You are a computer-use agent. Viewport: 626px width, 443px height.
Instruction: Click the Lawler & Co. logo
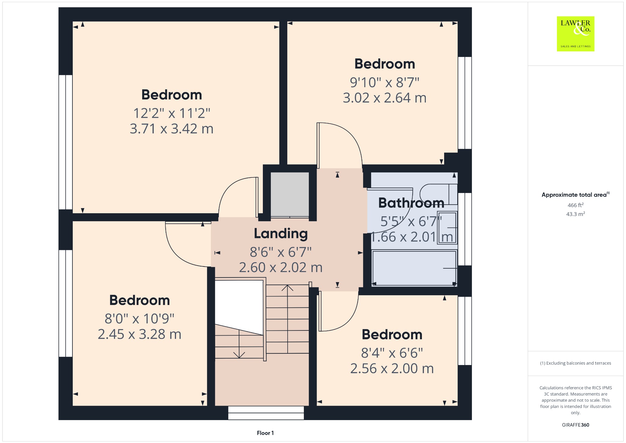(x=576, y=34)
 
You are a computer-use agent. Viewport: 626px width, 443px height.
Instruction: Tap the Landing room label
(x=281, y=234)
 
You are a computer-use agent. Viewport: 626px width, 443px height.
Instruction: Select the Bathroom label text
(x=411, y=203)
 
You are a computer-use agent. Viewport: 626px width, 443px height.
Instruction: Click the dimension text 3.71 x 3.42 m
(x=171, y=129)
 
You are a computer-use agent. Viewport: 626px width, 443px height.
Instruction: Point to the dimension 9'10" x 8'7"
(x=385, y=83)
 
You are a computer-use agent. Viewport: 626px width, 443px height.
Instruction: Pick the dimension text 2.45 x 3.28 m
(x=139, y=334)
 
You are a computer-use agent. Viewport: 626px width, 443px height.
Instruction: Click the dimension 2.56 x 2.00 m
(x=392, y=368)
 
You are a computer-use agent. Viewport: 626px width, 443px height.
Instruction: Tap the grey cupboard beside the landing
(x=290, y=194)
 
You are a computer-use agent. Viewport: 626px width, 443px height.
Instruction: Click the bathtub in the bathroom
(x=414, y=268)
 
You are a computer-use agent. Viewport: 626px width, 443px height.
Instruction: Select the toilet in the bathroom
(x=439, y=194)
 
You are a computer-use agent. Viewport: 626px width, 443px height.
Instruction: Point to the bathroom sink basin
(x=447, y=228)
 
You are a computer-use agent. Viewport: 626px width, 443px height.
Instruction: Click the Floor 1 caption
(x=265, y=433)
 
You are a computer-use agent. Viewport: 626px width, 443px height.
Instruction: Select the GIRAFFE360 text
(x=576, y=425)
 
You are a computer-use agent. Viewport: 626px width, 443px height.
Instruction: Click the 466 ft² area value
(x=576, y=205)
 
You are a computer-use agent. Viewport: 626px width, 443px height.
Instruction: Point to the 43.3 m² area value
(x=576, y=214)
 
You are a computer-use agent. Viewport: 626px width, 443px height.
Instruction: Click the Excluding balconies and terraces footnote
(x=576, y=363)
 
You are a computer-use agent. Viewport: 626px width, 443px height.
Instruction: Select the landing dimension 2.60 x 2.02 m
(x=281, y=267)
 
